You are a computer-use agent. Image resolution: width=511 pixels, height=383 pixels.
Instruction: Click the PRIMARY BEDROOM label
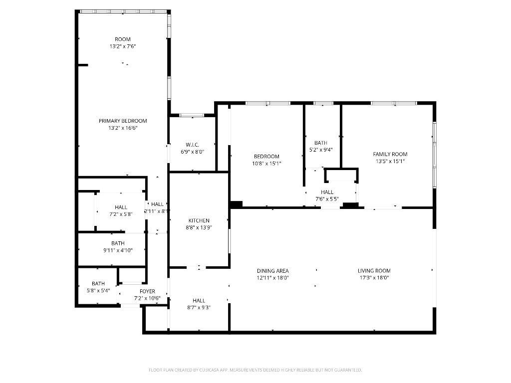[123, 121]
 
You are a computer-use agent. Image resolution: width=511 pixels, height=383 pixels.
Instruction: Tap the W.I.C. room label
[192, 145]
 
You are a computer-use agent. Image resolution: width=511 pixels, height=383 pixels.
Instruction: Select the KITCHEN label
[199, 220]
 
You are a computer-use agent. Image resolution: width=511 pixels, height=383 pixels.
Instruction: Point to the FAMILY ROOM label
[390, 154]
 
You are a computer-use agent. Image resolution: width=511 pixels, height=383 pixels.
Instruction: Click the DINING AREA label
[273, 271]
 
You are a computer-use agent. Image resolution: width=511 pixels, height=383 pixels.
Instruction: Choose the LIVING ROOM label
[374, 271]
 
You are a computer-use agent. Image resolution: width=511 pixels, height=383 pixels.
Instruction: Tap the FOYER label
[147, 291]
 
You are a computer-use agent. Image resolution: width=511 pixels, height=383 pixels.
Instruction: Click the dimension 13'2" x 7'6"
[123, 46]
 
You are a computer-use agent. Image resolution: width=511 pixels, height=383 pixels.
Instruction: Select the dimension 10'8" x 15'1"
[266, 163]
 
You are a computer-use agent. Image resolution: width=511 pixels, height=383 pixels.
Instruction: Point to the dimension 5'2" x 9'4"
[320, 150]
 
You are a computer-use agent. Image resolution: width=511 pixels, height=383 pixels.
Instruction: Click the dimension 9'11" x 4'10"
[118, 250]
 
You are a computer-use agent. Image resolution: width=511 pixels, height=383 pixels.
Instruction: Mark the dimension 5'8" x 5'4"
[98, 290]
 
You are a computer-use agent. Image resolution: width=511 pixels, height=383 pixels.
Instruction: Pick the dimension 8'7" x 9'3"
[199, 308]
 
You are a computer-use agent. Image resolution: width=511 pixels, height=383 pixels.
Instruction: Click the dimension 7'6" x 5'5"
[327, 199]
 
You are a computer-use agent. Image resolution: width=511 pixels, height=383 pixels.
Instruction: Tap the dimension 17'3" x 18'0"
[374, 278]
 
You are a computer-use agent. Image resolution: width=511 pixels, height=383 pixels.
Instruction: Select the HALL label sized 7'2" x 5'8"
[121, 207]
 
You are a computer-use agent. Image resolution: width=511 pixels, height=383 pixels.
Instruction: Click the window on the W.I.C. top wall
[192, 115]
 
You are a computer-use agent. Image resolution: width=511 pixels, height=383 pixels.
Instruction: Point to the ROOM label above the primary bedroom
[123, 39]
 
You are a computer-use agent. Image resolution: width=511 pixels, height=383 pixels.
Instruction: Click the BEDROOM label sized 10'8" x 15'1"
[266, 156]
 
